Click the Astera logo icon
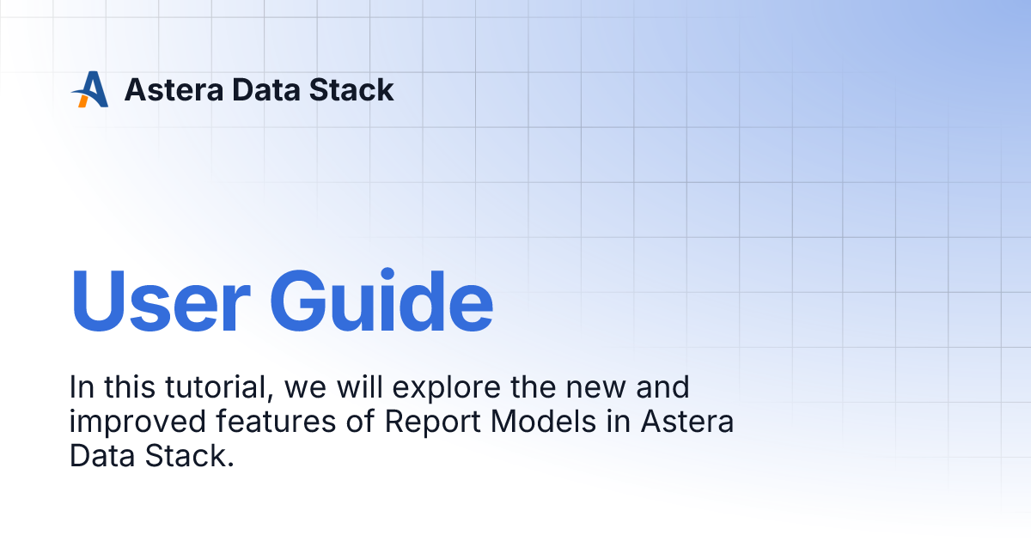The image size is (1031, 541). point(90,89)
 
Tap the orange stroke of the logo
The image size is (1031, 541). point(82,100)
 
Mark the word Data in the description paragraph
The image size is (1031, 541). point(99,456)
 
